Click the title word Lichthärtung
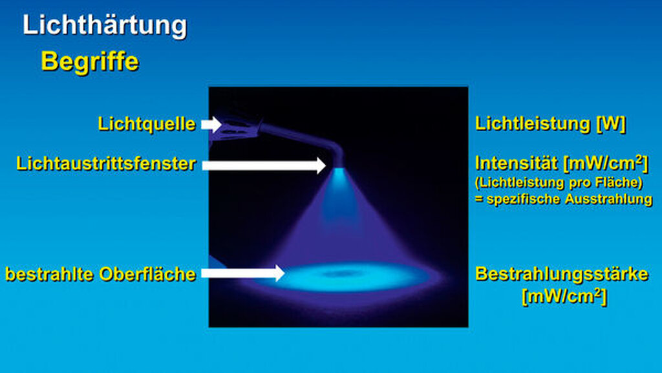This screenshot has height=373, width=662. coord(104,26)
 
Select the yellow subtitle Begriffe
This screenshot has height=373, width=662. coord(89,62)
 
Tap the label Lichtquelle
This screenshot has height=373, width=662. coord(147,124)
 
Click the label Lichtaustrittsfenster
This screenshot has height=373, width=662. coord(106,164)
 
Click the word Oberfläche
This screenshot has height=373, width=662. coord(147,274)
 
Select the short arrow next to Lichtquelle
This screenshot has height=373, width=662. coord(211,125)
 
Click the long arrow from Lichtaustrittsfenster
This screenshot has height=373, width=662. coord(264,165)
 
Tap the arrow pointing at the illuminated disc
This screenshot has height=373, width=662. coord(243,273)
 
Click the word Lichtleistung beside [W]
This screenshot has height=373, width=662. coord(533,123)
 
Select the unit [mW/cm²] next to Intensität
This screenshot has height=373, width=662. coord(605,164)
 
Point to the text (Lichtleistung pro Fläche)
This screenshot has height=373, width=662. coord(559,183)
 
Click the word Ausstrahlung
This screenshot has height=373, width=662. coord(608,198)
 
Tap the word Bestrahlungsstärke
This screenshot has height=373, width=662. coord(562,274)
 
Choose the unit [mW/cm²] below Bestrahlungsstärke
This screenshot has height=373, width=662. coord(564,296)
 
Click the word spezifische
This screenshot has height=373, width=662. coord(524,198)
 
